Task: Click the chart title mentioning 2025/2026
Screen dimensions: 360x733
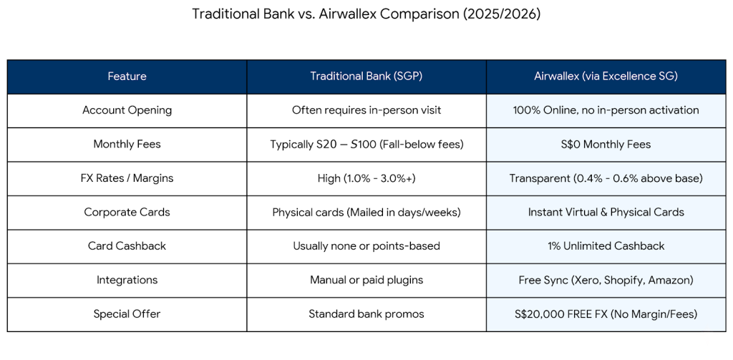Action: point(366,14)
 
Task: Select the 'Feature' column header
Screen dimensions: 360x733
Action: point(127,77)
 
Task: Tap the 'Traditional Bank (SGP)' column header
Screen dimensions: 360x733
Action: point(366,77)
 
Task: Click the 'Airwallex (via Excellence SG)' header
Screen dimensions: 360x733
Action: point(606,77)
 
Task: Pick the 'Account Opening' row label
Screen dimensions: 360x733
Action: point(127,110)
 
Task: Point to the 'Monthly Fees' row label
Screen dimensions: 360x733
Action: point(127,145)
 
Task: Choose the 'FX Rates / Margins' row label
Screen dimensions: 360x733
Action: point(127,178)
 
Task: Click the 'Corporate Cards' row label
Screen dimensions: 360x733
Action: point(127,213)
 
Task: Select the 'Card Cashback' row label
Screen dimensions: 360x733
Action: point(127,246)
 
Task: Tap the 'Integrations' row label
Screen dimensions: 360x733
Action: point(127,280)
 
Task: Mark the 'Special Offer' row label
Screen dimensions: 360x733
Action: point(127,314)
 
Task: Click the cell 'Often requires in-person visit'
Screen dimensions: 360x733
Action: point(366,110)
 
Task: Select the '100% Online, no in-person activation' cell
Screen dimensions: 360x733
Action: point(606,110)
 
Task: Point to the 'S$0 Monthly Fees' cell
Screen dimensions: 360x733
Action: point(606,145)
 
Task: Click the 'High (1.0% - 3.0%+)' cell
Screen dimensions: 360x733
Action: point(366,178)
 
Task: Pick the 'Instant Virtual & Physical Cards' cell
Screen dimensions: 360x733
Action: point(606,213)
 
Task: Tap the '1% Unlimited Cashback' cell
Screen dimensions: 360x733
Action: point(606,246)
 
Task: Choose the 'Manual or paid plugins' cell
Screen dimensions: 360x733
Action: point(366,280)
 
